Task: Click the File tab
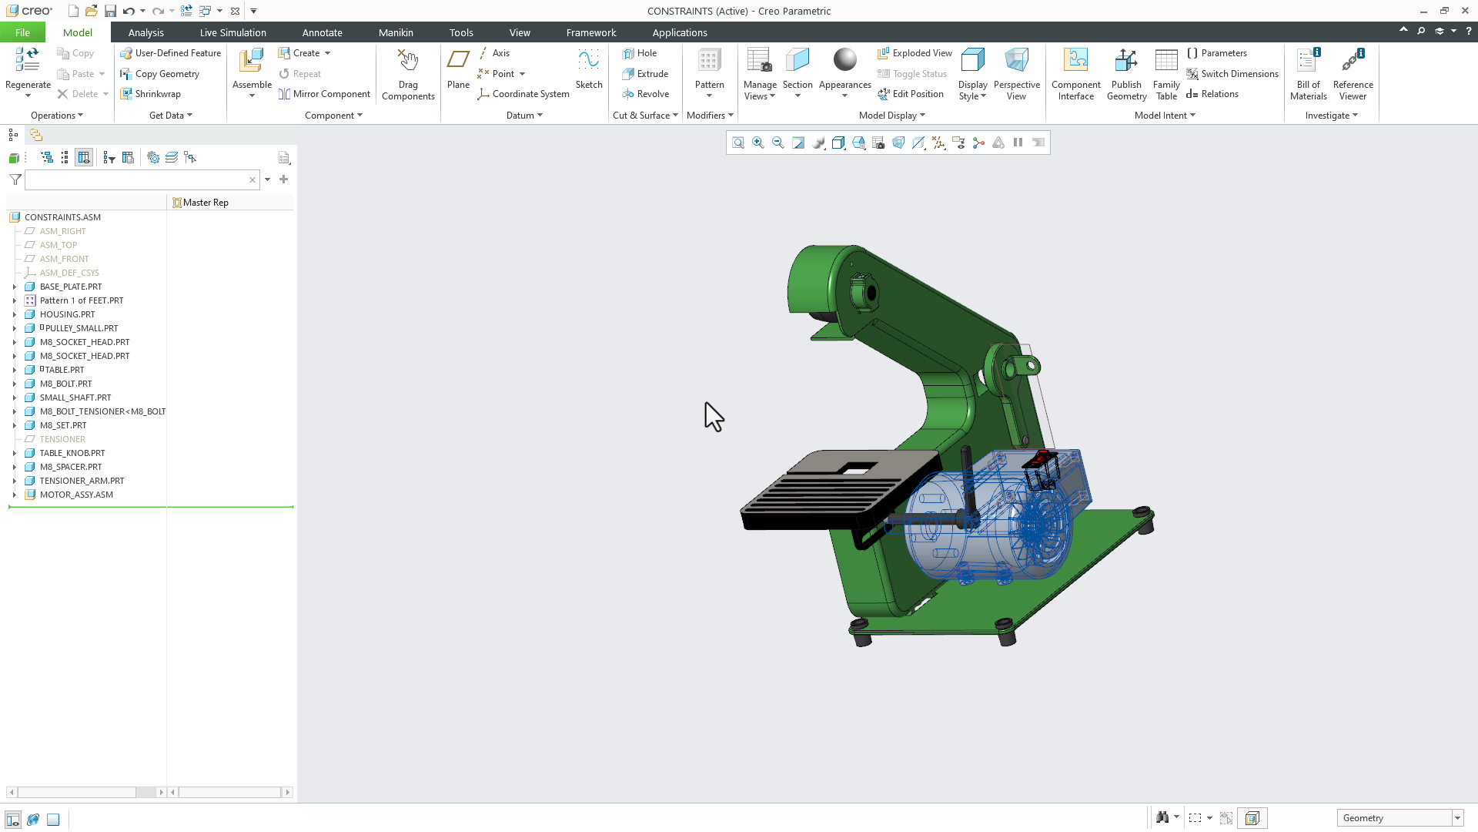pyautogui.click(x=22, y=32)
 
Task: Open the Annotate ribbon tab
pyautogui.click(x=322, y=32)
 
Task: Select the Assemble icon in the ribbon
pyautogui.click(x=252, y=62)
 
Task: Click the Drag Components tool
pyautogui.click(x=408, y=74)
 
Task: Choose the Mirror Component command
pyautogui.click(x=324, y=94)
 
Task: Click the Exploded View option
pyautogui.click(x=915, y=53)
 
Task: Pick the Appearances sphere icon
pyautogui.click(x=844, y=61)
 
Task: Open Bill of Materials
pyautogui.click(x=1308, y=74)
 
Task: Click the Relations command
pyautogui.click(x=1212, y=94)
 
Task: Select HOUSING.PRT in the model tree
pyautogui.click(x=67, y=314)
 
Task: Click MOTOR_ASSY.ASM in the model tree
pyautogui.click(x=76, y=495)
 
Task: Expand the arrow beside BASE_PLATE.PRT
pyautogui.click(x=14, y=287)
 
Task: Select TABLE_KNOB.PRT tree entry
pyautogui.click(x=72, y=453)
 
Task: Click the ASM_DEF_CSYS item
pyautogui.click(x=69, y=273)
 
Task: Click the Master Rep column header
pyautogui.click(x=206, y=203)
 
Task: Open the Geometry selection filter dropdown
pyautogui.click(x=1456, y=818)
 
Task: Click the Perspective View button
pyautogui.click(x=1016, y=74)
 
